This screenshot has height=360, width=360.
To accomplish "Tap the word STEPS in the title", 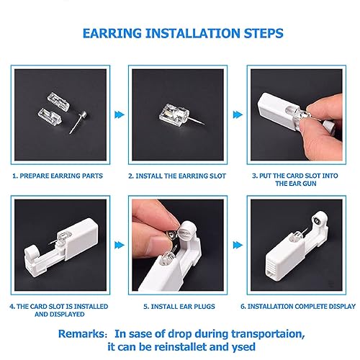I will point(256,33).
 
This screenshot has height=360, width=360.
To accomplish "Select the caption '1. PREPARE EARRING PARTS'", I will point(58,175).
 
